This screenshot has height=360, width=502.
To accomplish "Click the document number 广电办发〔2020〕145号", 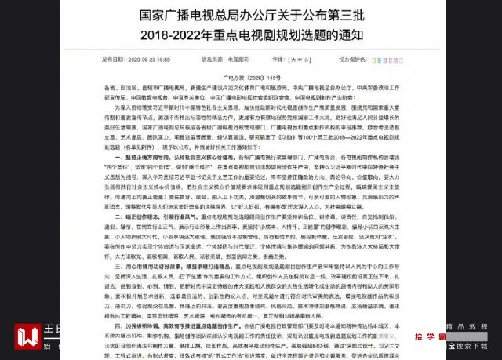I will (251, 77).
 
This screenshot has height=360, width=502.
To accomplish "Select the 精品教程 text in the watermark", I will (470, 325).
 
